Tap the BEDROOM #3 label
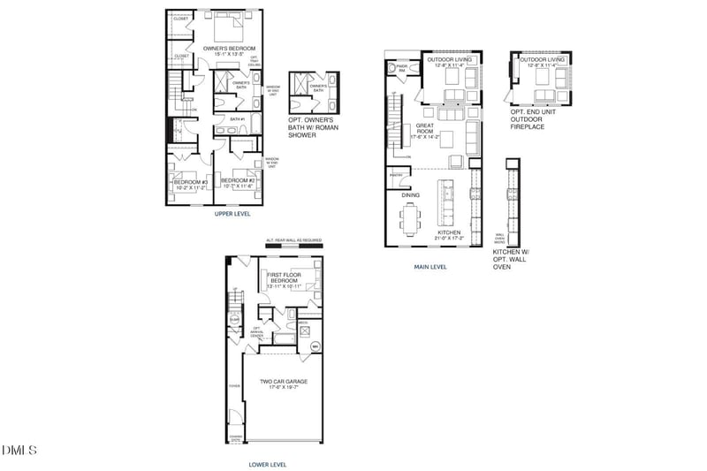[189, 184]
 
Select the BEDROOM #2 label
[237, 183]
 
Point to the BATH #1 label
[237, 118]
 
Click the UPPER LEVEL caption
[232, 214]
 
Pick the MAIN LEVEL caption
[430, 266]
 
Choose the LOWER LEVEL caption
[268, 464]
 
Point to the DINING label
[411, 194]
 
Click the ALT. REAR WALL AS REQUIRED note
[294, 240]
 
